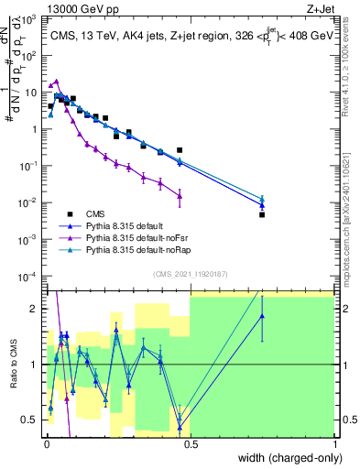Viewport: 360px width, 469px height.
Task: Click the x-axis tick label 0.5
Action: click(x=191, y=443)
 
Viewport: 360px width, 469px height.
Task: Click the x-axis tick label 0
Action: click(x=47, y=443)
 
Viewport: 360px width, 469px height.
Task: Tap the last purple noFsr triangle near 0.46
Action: click(x=180, y=194)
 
